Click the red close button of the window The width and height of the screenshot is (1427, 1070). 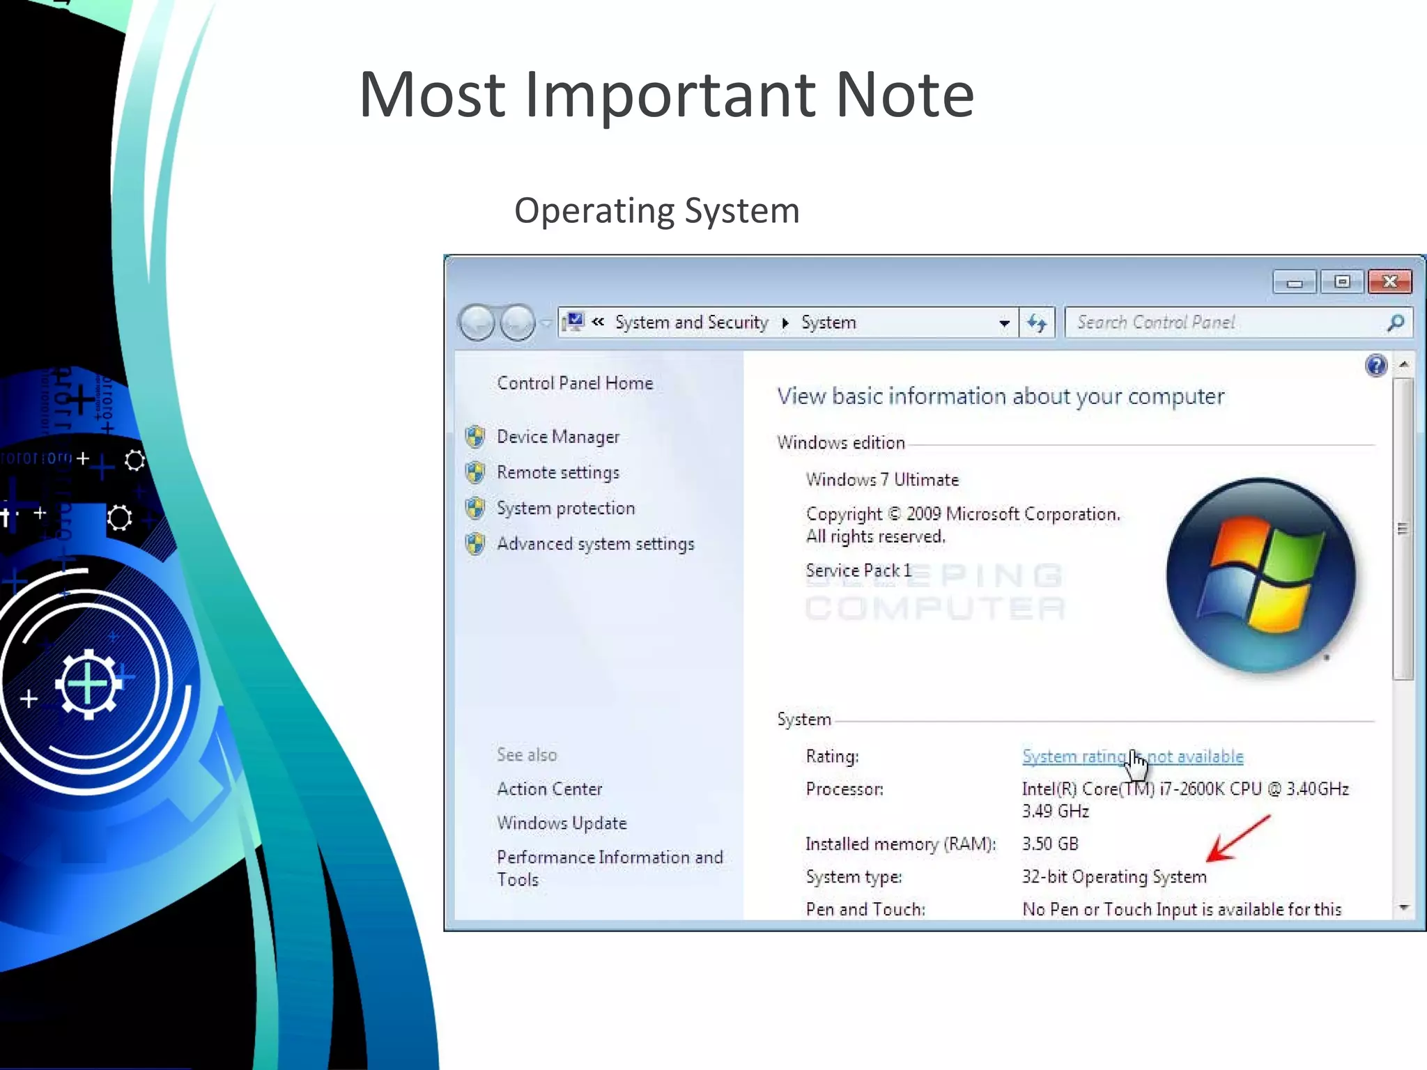click(x=1389, y=281)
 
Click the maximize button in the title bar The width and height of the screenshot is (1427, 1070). click(x=1342, y=281)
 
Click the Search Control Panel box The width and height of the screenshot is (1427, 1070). click(x=1226, y=323)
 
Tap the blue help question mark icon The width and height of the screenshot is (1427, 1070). click(x=1376, y=365)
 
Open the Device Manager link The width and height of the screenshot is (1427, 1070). click(x=557, y=437)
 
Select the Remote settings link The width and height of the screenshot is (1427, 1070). click(x=557, y=472)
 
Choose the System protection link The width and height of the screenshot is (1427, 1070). click(x=565, y=509)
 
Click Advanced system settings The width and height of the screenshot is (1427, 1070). click(x=595, y=544)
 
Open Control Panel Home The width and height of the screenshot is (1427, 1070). click(x=575, y=383)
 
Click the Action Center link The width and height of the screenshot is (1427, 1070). click(x=549, y=789)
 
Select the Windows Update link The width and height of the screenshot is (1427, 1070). click(x=562, y=823)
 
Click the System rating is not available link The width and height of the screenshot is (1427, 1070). click(x=1132, y=757)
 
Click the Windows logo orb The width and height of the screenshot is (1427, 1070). click(x=1260, y=575)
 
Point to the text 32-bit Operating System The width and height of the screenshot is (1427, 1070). click(x=1113, y=877)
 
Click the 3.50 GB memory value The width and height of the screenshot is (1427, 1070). click(x=1049, y=844)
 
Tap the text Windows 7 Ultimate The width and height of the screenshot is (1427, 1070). click(x=882, y=480)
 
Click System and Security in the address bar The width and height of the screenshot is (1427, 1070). click(x=691, y=323)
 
